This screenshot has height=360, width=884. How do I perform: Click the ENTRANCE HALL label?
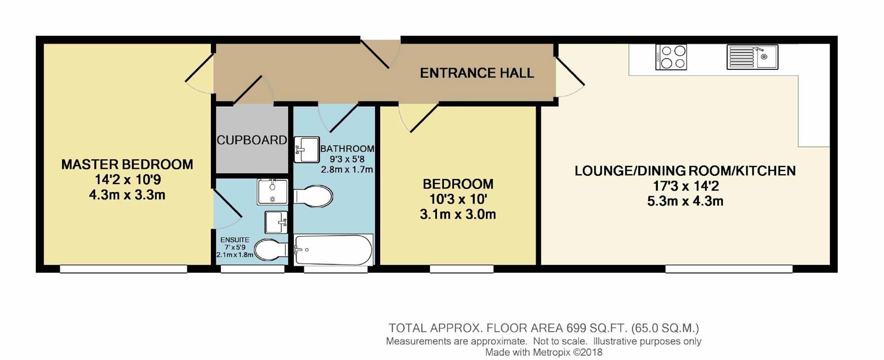point(477,73)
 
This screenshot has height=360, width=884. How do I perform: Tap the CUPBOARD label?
point(252,140)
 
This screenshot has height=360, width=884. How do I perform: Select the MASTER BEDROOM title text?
point(127,164)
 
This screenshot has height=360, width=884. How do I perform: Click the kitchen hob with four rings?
point(671,57)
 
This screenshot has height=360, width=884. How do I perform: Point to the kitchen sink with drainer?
point(752,57)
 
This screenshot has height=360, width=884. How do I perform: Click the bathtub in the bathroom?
point(333,250)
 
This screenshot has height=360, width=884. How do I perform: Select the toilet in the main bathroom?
point(313,197)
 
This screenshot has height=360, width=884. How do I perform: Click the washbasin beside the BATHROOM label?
point(307,150)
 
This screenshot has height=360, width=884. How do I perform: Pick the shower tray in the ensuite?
point(272,192)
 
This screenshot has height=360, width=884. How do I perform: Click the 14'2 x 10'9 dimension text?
point(127,180)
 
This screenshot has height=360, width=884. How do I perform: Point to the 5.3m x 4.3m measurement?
point(685,201)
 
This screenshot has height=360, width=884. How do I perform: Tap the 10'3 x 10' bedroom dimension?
point(458,199)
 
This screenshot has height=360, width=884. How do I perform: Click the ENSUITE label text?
point(235,240)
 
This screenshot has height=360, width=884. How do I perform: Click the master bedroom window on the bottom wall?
point(123,269)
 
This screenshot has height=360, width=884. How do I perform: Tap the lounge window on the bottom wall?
point(729,269)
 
